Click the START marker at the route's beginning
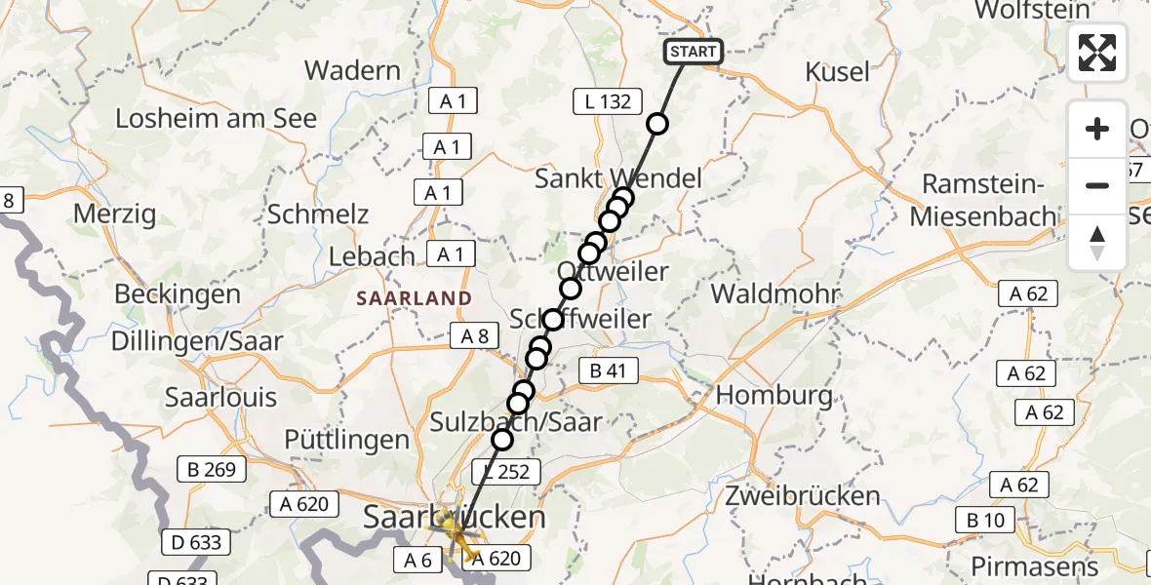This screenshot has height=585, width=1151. (x=694, y=52)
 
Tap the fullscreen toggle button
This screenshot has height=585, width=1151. (x=1097, y=53)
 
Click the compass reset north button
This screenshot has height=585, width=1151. (x=1097, y=243)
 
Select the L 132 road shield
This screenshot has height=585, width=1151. (x=609, y=100)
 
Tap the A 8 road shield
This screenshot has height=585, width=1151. (x=475, y=336)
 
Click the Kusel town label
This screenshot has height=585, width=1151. (x=838, y=71)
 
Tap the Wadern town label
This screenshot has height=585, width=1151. (x=353, y=70)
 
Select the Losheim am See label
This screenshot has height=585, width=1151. (x=217, y=119)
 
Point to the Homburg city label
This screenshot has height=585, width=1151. (x=774, y=396)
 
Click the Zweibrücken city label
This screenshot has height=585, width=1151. (x=803, y=495)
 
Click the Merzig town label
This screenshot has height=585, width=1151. (x=115, y=214)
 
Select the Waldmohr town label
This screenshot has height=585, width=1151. (x=775, y=293)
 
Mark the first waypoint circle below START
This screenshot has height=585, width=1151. (x=657, y=124)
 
